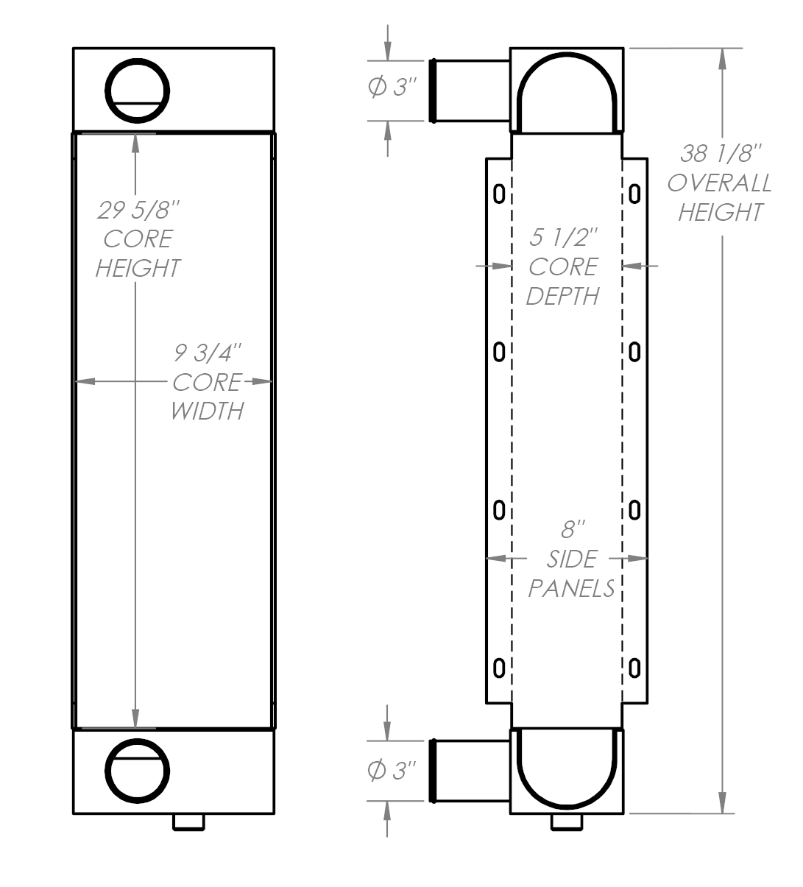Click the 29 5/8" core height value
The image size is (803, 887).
(138, 211)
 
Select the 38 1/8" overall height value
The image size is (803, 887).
(720, 154)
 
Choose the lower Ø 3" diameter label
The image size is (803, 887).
(392, 771)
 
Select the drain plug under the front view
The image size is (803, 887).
(189, 821)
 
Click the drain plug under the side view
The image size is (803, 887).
(567, 821)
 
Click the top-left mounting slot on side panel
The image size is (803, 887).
(498, 194)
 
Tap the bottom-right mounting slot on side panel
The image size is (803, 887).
(634, 668)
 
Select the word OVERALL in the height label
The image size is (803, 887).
(720, 183)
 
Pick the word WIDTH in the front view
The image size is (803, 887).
(207, 411)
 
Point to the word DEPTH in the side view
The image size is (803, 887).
(563, 296)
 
